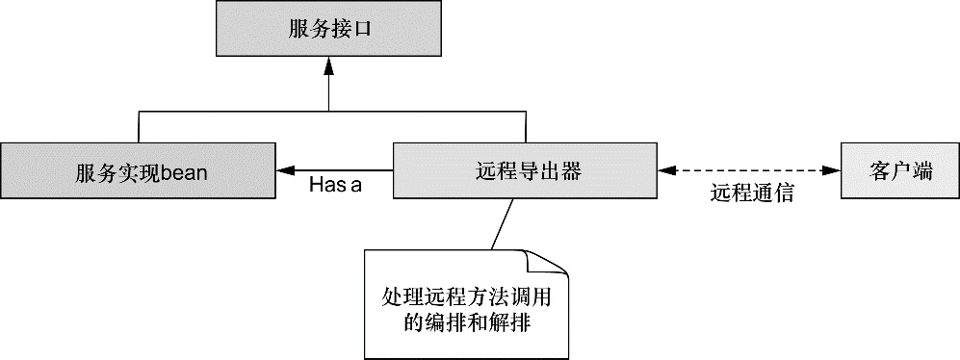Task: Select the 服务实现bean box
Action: [x=141, y=171]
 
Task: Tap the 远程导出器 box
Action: [x=525, y=171]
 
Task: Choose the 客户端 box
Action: [x=898, y=171]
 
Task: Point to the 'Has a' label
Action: [x=335, y=186]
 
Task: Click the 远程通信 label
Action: [x=752, y=192]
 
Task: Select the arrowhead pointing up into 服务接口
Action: [x=329, y=65]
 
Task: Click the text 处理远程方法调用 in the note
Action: [x=462, y=295]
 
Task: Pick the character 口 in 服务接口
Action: [x=361, y=30]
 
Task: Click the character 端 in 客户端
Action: [x=922, y=171]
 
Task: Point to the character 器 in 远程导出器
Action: [x=571, y=171]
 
